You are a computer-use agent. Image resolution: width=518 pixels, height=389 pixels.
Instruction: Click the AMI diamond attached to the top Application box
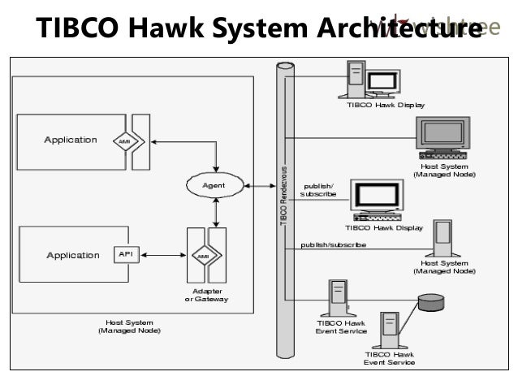click(125, 140)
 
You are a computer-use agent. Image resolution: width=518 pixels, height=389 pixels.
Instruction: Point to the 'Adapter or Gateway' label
click(206, 295)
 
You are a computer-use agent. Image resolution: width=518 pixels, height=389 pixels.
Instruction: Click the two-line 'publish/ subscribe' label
click(317, 190)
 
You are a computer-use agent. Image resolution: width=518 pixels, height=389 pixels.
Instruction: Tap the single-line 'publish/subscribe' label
click(333, 244)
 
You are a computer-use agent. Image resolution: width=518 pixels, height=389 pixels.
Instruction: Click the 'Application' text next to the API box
click(72, 255)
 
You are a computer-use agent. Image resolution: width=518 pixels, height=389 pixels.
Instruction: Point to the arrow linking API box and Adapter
click(160, 254)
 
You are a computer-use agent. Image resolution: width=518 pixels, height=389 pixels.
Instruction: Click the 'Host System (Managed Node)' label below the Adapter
click(129, 326)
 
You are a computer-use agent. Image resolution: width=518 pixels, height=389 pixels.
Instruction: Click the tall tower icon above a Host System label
click(443, 239)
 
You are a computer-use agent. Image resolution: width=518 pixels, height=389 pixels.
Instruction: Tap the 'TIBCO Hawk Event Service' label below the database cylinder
click(389, 358)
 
